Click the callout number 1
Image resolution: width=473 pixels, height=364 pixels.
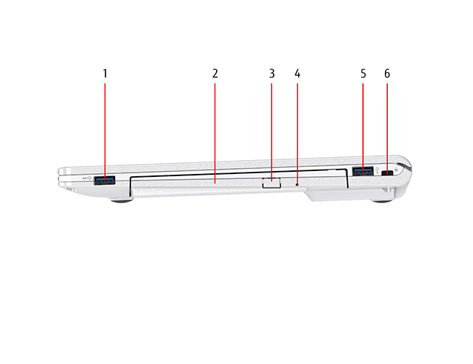(x=105, y=74)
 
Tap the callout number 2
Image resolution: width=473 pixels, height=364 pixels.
(x=215, y=74)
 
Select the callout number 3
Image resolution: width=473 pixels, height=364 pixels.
(x=272, y=74)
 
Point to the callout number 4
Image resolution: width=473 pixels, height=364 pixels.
(x=298, y=74)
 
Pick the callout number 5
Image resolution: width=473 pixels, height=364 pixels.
(x=363, y=74)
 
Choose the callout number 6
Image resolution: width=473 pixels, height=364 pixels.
(x=387, y=74)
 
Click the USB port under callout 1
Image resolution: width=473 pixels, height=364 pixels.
(x=105, y=181)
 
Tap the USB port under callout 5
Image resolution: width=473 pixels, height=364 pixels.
(x=363, y=171)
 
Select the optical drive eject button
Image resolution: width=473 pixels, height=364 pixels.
(x=271, y=183)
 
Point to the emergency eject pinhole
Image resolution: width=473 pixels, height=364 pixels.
(x=297, y=184)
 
